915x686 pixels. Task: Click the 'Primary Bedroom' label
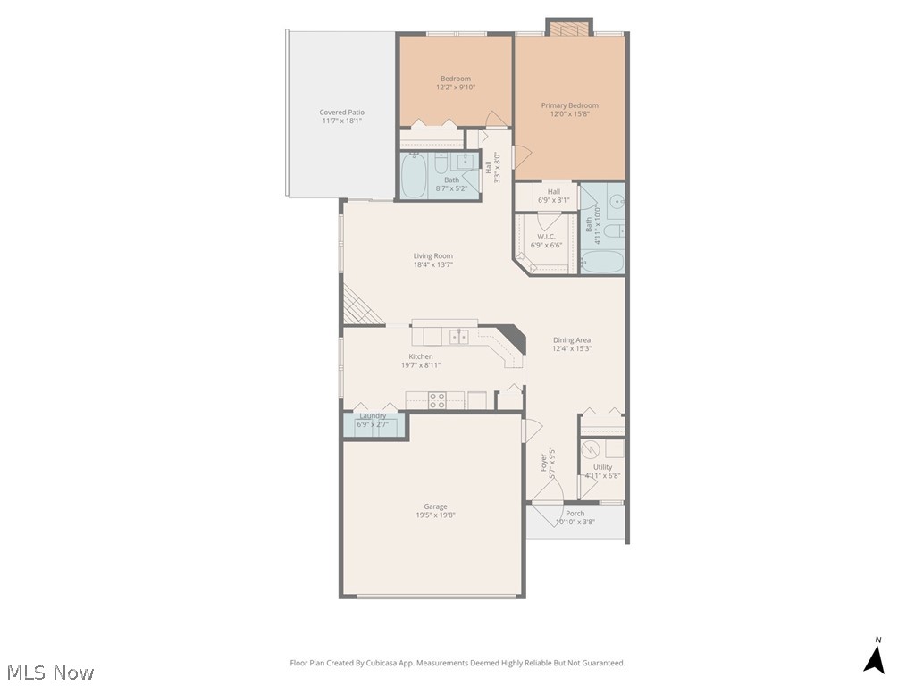tap(569, 105)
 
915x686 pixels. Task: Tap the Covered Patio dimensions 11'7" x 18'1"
tap(342, 122)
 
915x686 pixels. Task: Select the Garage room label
tap(435, 506)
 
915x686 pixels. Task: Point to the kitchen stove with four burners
tap(437, 400)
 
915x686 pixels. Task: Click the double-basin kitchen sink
tap(458, 336)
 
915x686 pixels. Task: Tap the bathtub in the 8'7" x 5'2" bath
tap(414, 178)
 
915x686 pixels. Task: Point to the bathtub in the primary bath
tap(601, 262)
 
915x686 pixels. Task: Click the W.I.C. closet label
tap(545, 237)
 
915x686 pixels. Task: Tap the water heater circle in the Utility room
tap(591, 449)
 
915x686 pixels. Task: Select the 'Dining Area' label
tap(571, 339)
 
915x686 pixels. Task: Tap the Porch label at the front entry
tap(575, 513)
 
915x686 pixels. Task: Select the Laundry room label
tap(373, 415)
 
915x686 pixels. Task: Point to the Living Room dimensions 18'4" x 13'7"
tap(432, 265)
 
